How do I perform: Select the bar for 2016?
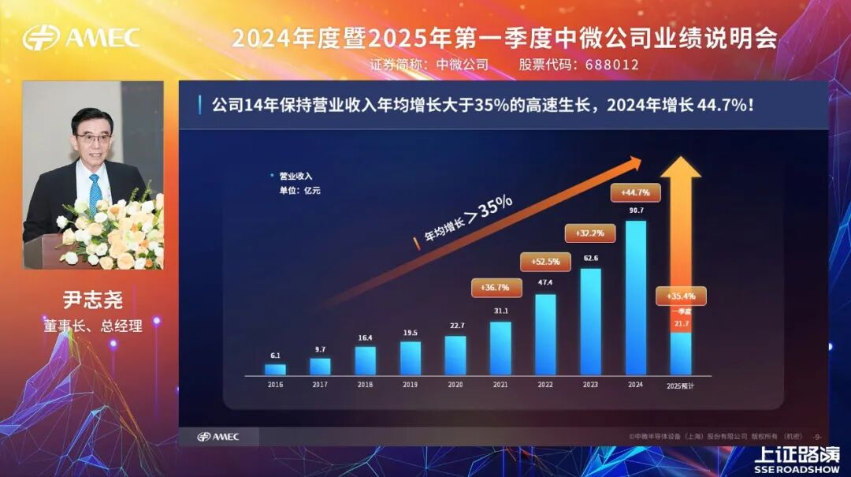275,369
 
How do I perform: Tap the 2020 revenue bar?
455,355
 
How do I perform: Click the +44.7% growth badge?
635,192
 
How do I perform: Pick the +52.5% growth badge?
545,262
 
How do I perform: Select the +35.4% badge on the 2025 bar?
681,296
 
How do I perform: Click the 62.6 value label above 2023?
590,258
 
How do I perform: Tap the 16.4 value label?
365,337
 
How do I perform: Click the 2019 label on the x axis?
410,384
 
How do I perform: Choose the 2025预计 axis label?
681,386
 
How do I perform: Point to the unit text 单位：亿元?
299,190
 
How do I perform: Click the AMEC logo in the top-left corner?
81,37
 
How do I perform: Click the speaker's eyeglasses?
94,139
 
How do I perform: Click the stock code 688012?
611,65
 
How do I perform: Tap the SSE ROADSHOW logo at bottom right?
796,459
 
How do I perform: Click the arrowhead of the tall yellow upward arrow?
681,167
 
